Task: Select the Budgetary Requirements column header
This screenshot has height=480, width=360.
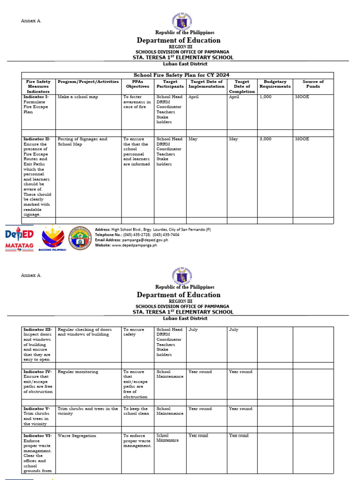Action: (x=275, y=84)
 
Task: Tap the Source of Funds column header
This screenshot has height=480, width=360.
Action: (x=313, y=84)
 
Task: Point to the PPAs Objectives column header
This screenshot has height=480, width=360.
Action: (x=137, y=84)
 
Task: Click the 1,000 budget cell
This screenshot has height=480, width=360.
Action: (x=265, y=97)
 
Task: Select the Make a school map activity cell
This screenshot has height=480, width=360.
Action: (x=76, y=97)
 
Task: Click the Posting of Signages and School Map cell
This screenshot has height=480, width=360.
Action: (x=82, y=142)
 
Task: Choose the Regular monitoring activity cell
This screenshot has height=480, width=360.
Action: (x=78, y=372)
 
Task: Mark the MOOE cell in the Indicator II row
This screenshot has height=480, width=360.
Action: (x=302, y=139)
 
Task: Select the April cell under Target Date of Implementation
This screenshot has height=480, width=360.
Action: (x=194, y=97)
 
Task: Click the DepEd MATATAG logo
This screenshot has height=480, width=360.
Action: (x=19, y=239)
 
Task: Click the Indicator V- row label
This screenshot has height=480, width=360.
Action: (x=37, y=409)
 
